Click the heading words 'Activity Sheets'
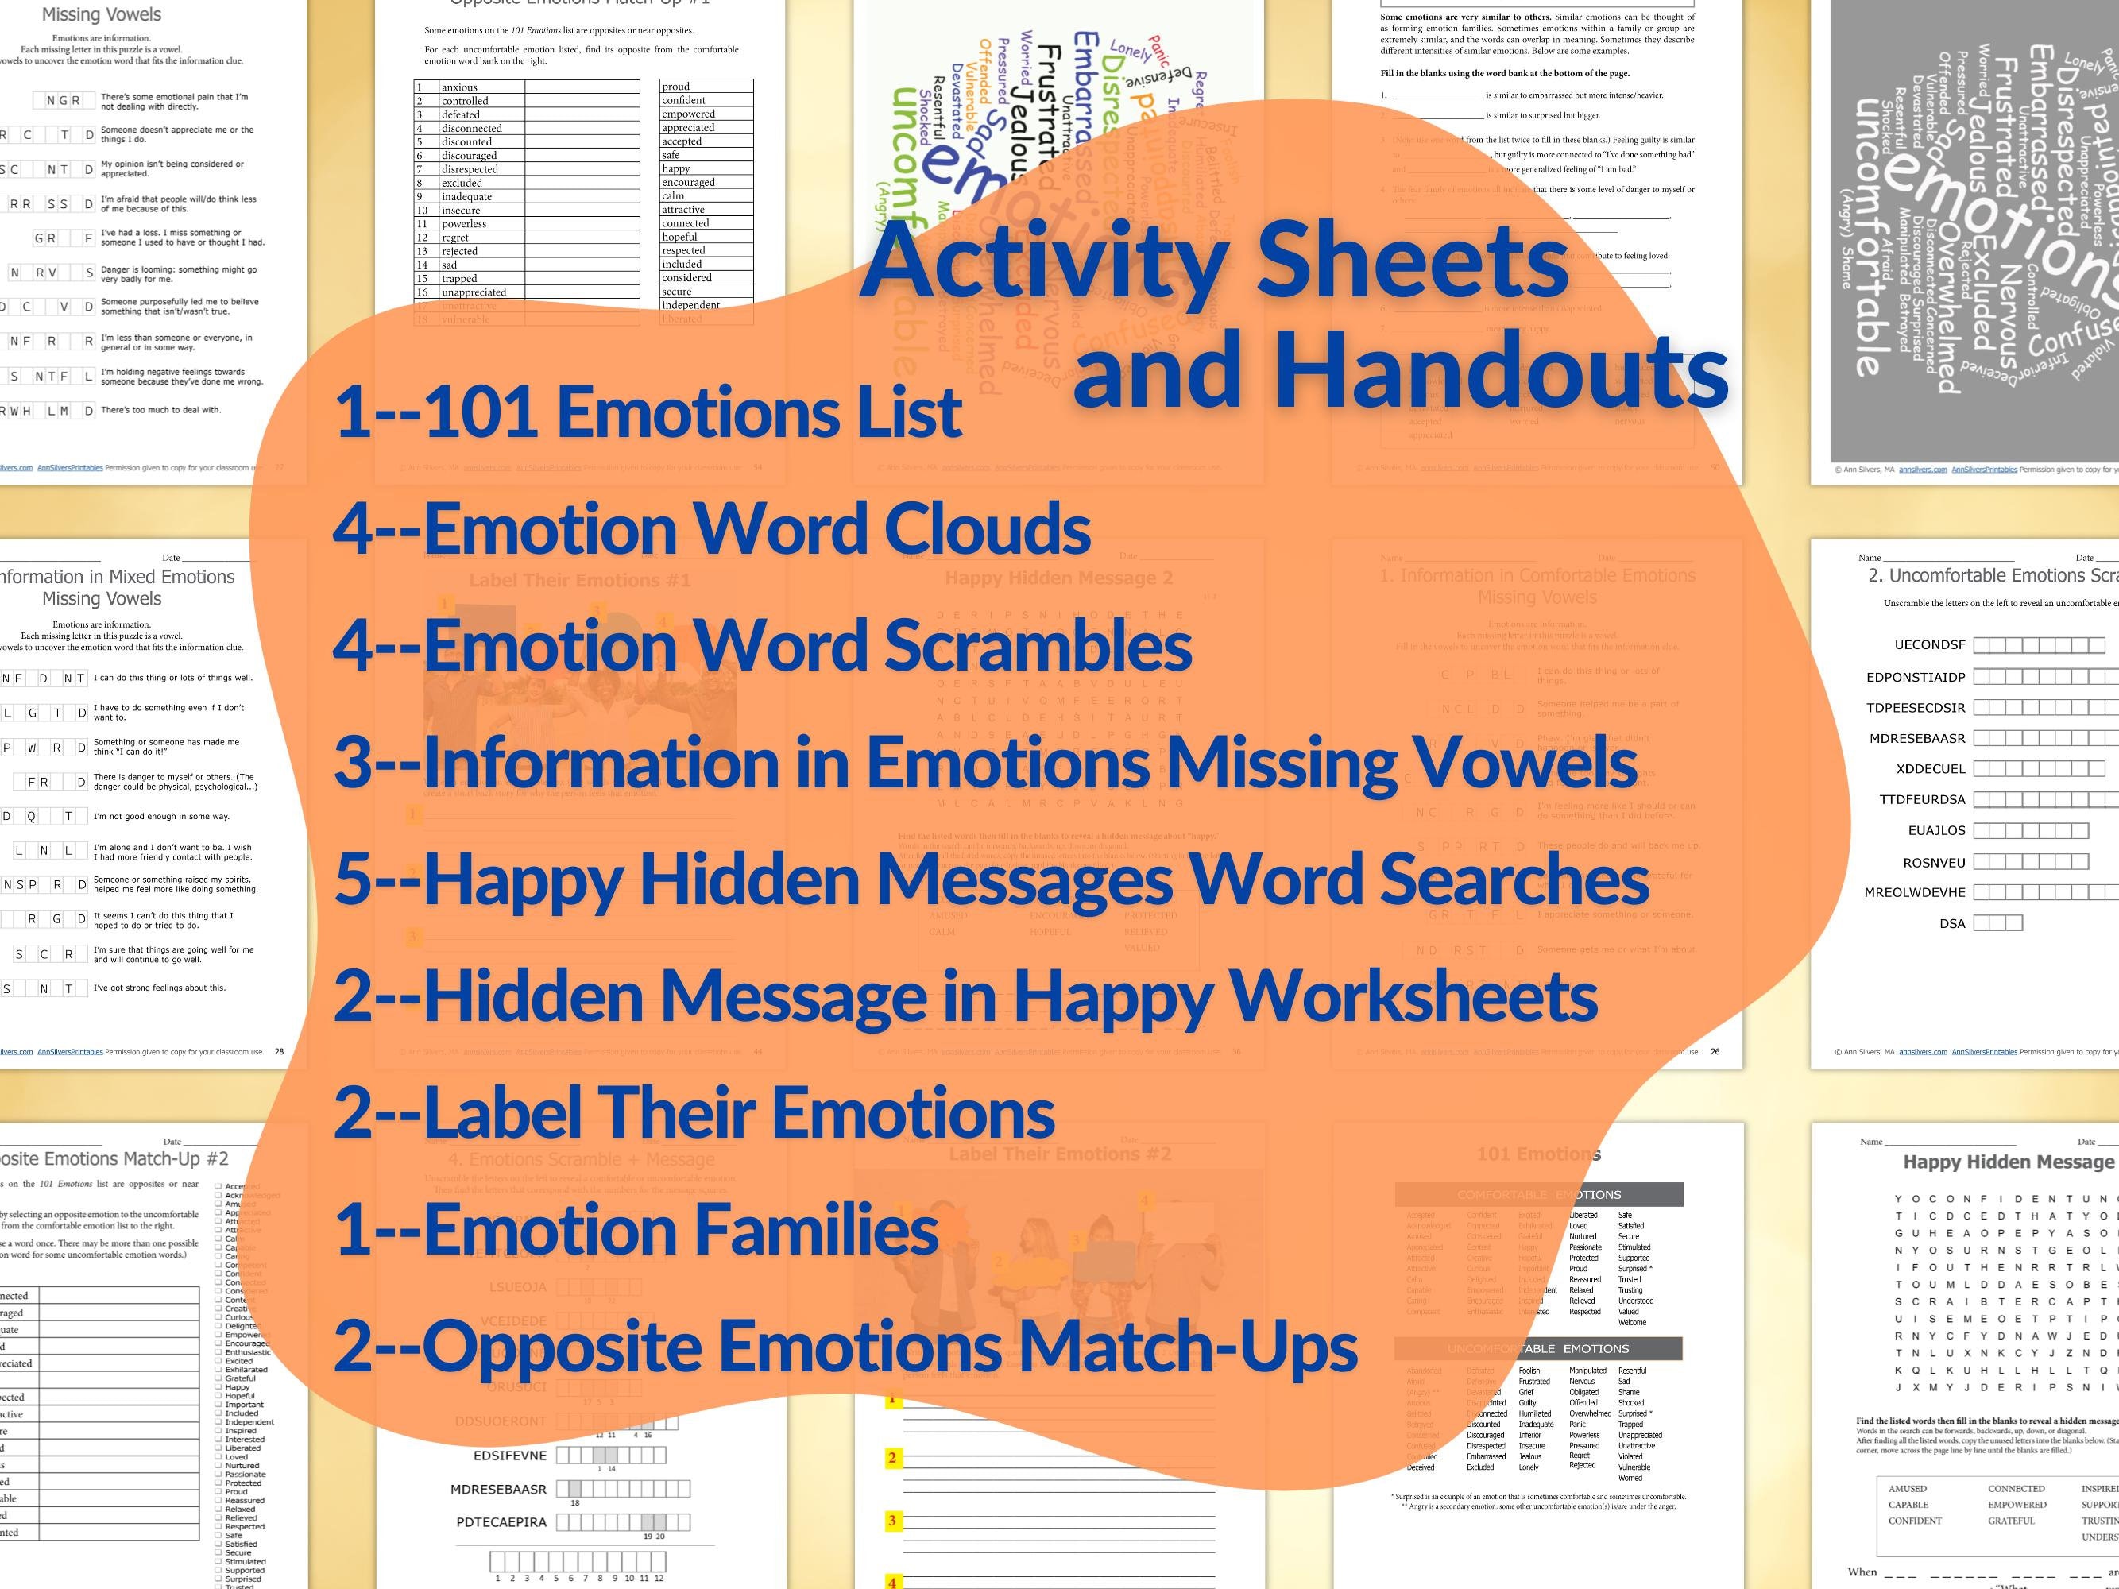pos(1214,261)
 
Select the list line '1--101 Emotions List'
pos(648,412)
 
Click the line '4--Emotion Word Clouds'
pos(712,528)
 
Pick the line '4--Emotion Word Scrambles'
pos(763,644)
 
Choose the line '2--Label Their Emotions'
pos(694,1112)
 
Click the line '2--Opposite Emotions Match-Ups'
pos(845,1346)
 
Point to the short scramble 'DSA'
pos(1951,923)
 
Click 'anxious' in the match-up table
pos(459,87)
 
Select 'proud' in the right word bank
pos(675,86)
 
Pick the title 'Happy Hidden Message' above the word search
pos(2007,1162)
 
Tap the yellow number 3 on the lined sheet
pos(892,1520)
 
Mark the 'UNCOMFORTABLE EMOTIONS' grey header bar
pos(1537,1348)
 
